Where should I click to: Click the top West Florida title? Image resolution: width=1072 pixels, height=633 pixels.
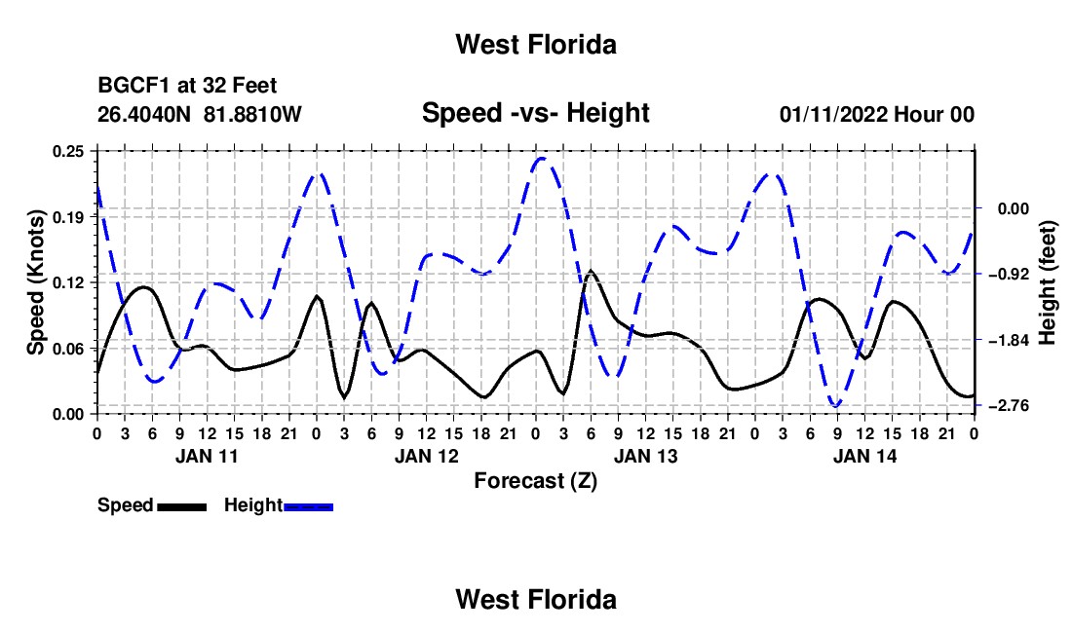[x=536, y=45]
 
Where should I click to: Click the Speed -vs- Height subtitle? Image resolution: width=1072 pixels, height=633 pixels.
[x=535, y=113]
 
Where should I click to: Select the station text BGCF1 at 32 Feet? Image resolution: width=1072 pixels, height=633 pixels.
[x=187, y=86]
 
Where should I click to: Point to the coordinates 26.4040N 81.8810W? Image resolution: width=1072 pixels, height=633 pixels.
[x=199, y=114]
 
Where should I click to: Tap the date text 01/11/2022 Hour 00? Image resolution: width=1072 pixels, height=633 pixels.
[x=877, y=114]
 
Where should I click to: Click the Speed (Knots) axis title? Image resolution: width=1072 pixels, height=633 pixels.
[x=35, y=282]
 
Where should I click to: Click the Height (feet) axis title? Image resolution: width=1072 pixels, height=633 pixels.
[x=1047, y=282]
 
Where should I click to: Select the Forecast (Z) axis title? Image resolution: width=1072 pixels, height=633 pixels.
[x=535, y=481]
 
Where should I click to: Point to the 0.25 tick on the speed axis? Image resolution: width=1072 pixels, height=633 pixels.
[x=67, y=151]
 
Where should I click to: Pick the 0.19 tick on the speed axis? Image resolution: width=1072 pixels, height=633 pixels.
[x=67, y=217]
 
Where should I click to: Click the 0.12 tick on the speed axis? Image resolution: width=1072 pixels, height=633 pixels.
[x=67, y=282]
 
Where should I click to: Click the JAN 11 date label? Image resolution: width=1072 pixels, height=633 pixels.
[x=207, y=456]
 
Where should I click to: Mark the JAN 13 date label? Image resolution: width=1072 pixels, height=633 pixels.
[x=645, y=456]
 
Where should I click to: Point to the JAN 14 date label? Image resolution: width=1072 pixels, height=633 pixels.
[x=864, y=456]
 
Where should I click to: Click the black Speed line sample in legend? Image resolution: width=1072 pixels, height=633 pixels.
[x=182, y=507]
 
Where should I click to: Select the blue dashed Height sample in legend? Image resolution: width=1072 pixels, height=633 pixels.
[x=308, y=507]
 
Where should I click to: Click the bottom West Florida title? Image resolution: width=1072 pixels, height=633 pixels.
[x=536, y=600]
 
